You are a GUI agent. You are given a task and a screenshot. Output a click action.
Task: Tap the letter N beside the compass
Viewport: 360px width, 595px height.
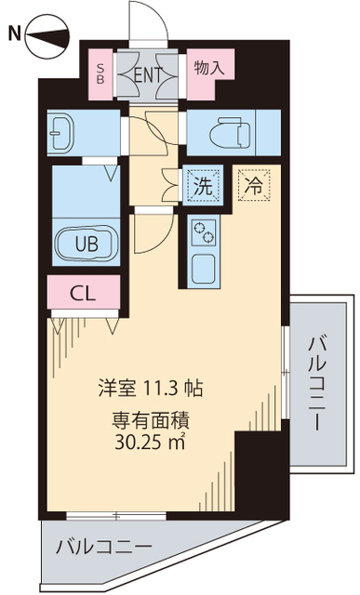point(14,35)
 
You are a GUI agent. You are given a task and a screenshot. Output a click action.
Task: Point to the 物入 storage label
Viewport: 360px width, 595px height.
point(209,68)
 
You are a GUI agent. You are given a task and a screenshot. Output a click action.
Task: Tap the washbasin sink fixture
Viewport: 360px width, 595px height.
point(61,132)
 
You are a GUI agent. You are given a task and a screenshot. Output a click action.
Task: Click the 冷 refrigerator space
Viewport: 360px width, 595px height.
point(252,184)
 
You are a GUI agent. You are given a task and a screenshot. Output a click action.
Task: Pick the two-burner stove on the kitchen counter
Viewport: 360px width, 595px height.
point(203,231)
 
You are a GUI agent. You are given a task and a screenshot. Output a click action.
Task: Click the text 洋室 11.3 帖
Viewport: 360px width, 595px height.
point(153,387)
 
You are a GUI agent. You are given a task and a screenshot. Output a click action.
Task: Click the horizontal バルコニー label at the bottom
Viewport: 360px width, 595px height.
point(102,546)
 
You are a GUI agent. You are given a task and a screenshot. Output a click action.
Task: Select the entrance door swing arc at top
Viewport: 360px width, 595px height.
point(149,20)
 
